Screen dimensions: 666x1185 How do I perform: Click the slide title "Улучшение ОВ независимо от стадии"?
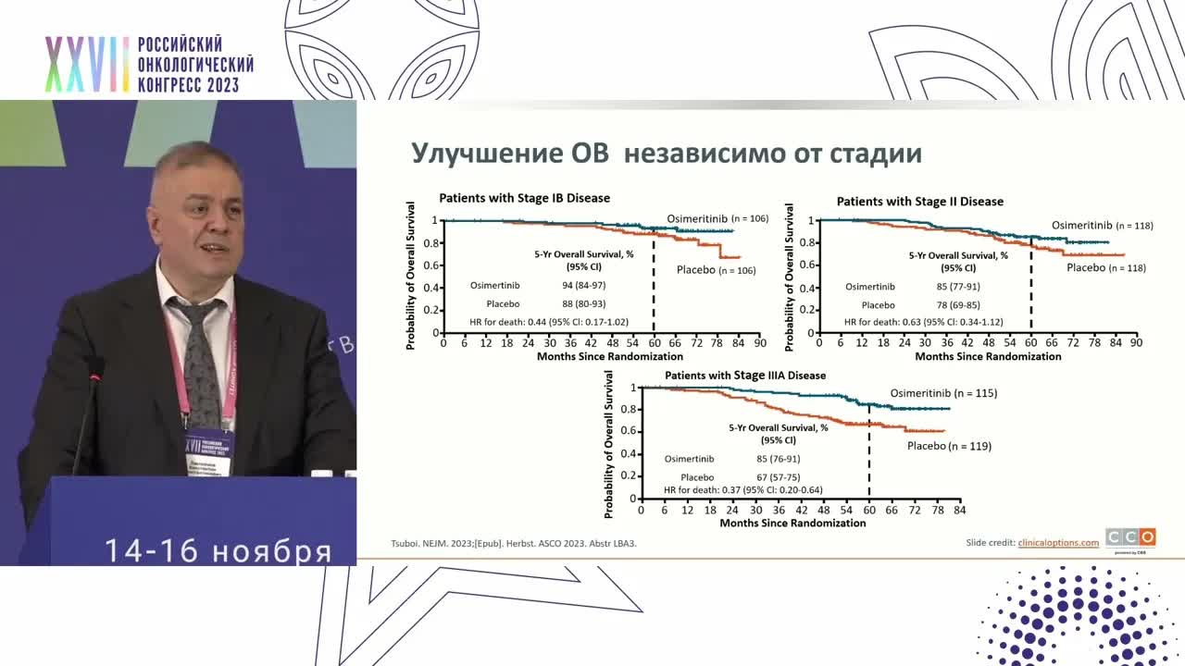point(666,153)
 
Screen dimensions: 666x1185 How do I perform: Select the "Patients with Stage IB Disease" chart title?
point(524,198)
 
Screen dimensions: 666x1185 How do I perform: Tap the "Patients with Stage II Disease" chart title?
point(919,201)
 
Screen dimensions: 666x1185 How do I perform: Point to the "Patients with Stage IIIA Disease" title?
point(745,376)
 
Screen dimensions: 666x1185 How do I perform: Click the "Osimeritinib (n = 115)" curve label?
point(943,393)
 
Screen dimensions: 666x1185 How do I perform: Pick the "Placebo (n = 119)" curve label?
point(949,446)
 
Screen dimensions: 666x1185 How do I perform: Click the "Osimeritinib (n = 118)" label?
point(1102,225)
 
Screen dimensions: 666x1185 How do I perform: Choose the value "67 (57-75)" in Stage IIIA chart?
point(778,477)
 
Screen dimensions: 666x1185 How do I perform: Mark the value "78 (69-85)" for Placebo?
point(958,304)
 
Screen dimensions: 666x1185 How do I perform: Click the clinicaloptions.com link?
point(1058,543)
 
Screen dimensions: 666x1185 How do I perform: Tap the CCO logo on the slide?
point(1130,538)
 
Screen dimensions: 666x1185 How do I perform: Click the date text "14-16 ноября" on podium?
point(218,550)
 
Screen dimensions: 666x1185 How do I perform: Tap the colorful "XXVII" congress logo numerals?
point(87,65)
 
